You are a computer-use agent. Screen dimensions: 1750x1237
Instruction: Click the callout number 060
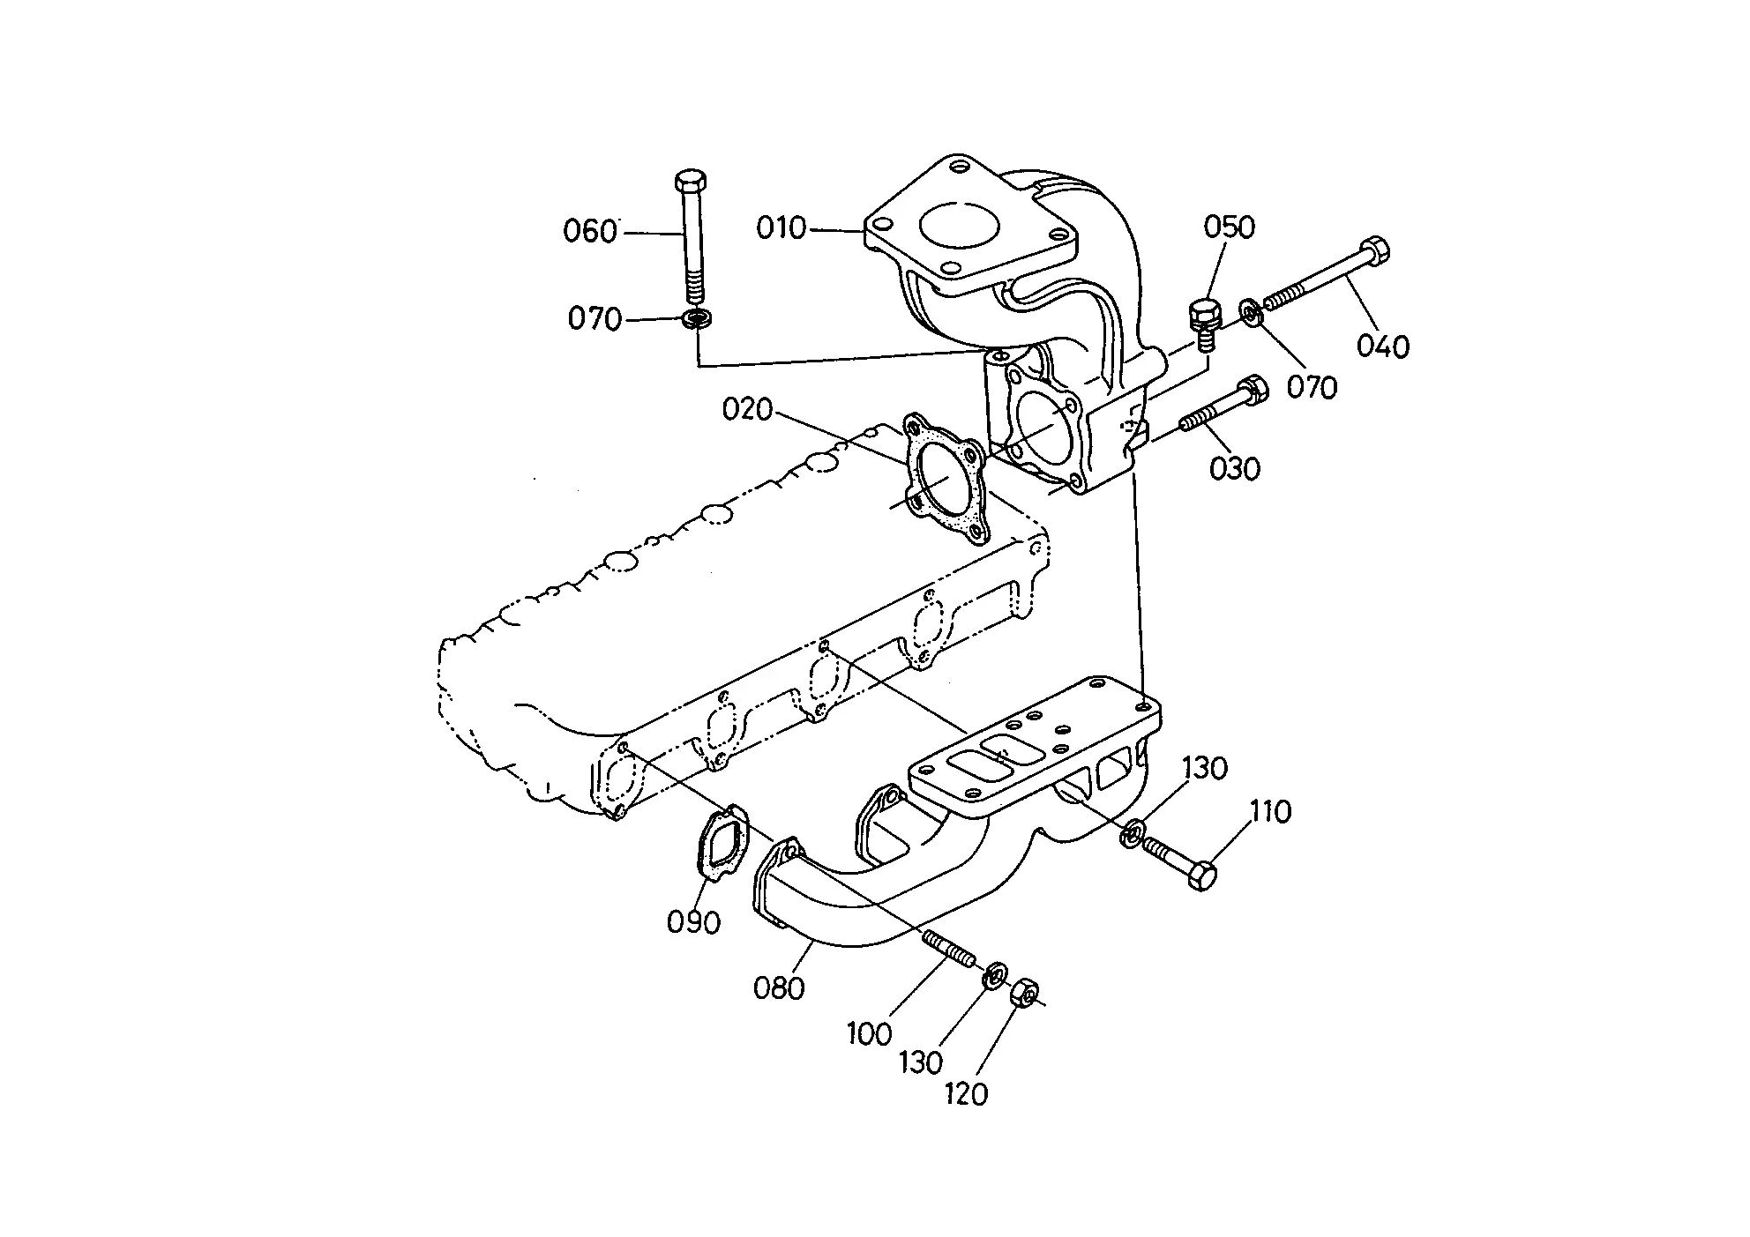(590, 232)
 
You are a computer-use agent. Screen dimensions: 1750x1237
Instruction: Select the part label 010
(782, 228)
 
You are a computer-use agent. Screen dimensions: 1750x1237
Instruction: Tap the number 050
(1229, 227)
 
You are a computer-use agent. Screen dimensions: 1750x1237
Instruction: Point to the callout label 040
(1383, 346)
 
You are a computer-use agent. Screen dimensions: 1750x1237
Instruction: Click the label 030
(1235, 468)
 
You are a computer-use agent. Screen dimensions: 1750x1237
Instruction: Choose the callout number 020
(747, 409)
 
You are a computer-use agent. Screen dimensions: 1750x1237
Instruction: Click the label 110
(1270, 811)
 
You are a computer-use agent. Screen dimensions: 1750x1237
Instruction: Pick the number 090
(693, 922)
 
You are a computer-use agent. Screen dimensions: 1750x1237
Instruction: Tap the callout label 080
(779, 988)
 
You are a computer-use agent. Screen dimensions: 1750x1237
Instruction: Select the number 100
(870, 1033)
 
